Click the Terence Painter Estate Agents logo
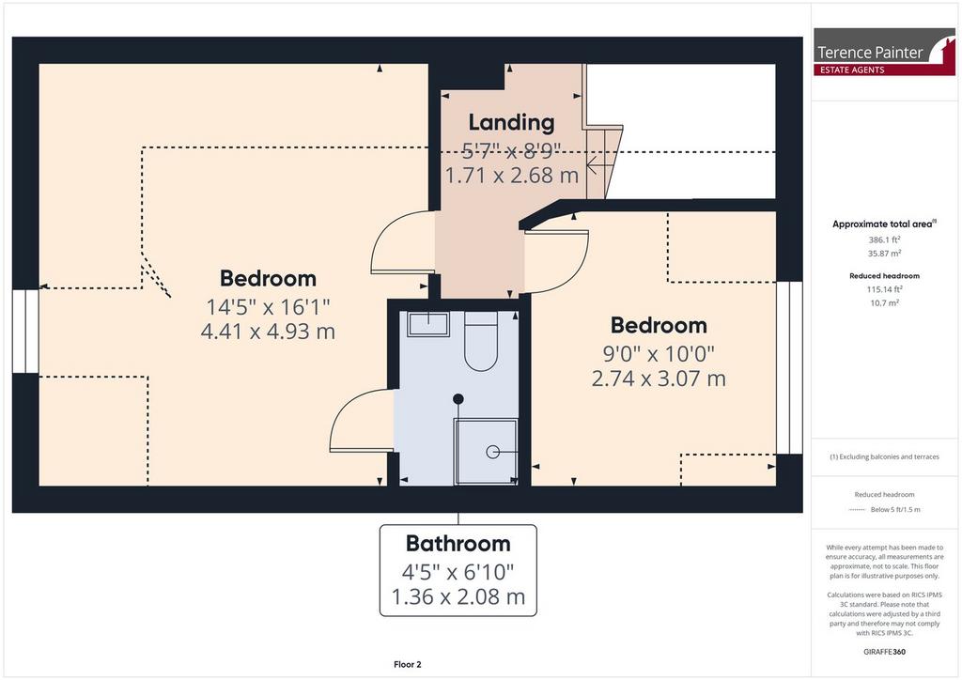(x=884, y=52)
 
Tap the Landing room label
(x=512, y=122)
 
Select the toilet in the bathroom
(x=480, y=341)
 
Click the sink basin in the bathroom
(x=428, y=324)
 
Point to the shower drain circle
(x=492, y=452)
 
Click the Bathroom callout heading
(x=458, y=543)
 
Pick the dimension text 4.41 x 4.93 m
(x=268, y=332)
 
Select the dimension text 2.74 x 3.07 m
(x=659, y=379)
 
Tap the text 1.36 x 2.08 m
(x=458, y=596)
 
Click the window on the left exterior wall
(x=25, y=332)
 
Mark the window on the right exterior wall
(x=789, y=368)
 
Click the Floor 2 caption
(x=408, y=664)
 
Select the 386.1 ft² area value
(x=884, y=240)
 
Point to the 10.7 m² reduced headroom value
(x=884, y=303)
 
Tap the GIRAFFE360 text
(x=884, y=652)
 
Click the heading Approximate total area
(x=884, y=224)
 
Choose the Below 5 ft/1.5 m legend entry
(x=895, y=510)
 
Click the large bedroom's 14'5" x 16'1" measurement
(x=268, y=306)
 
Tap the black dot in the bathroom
(x=458, y=399)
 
